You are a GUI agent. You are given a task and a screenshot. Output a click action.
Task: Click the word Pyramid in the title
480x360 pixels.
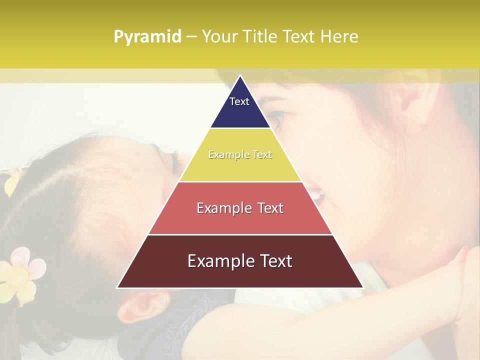click(x=147, y=37)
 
